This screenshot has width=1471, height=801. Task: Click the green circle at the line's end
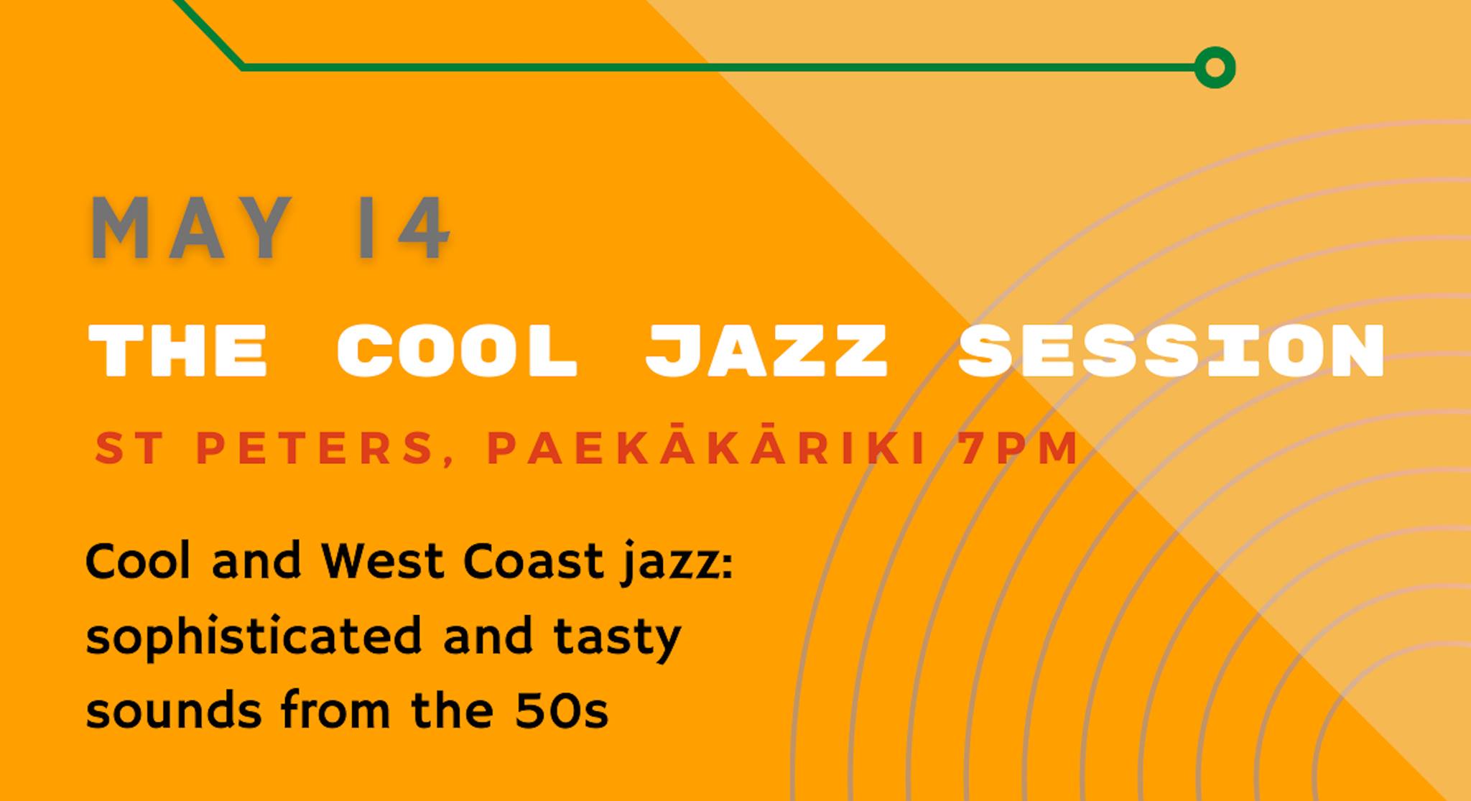coord(1215,68)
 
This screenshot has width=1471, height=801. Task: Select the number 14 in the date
coord(403,228)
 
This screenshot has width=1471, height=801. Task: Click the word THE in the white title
coord(178,350)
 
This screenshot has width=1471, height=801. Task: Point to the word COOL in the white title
coord(458,350)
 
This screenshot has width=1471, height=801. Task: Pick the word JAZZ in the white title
coord(766,350)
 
